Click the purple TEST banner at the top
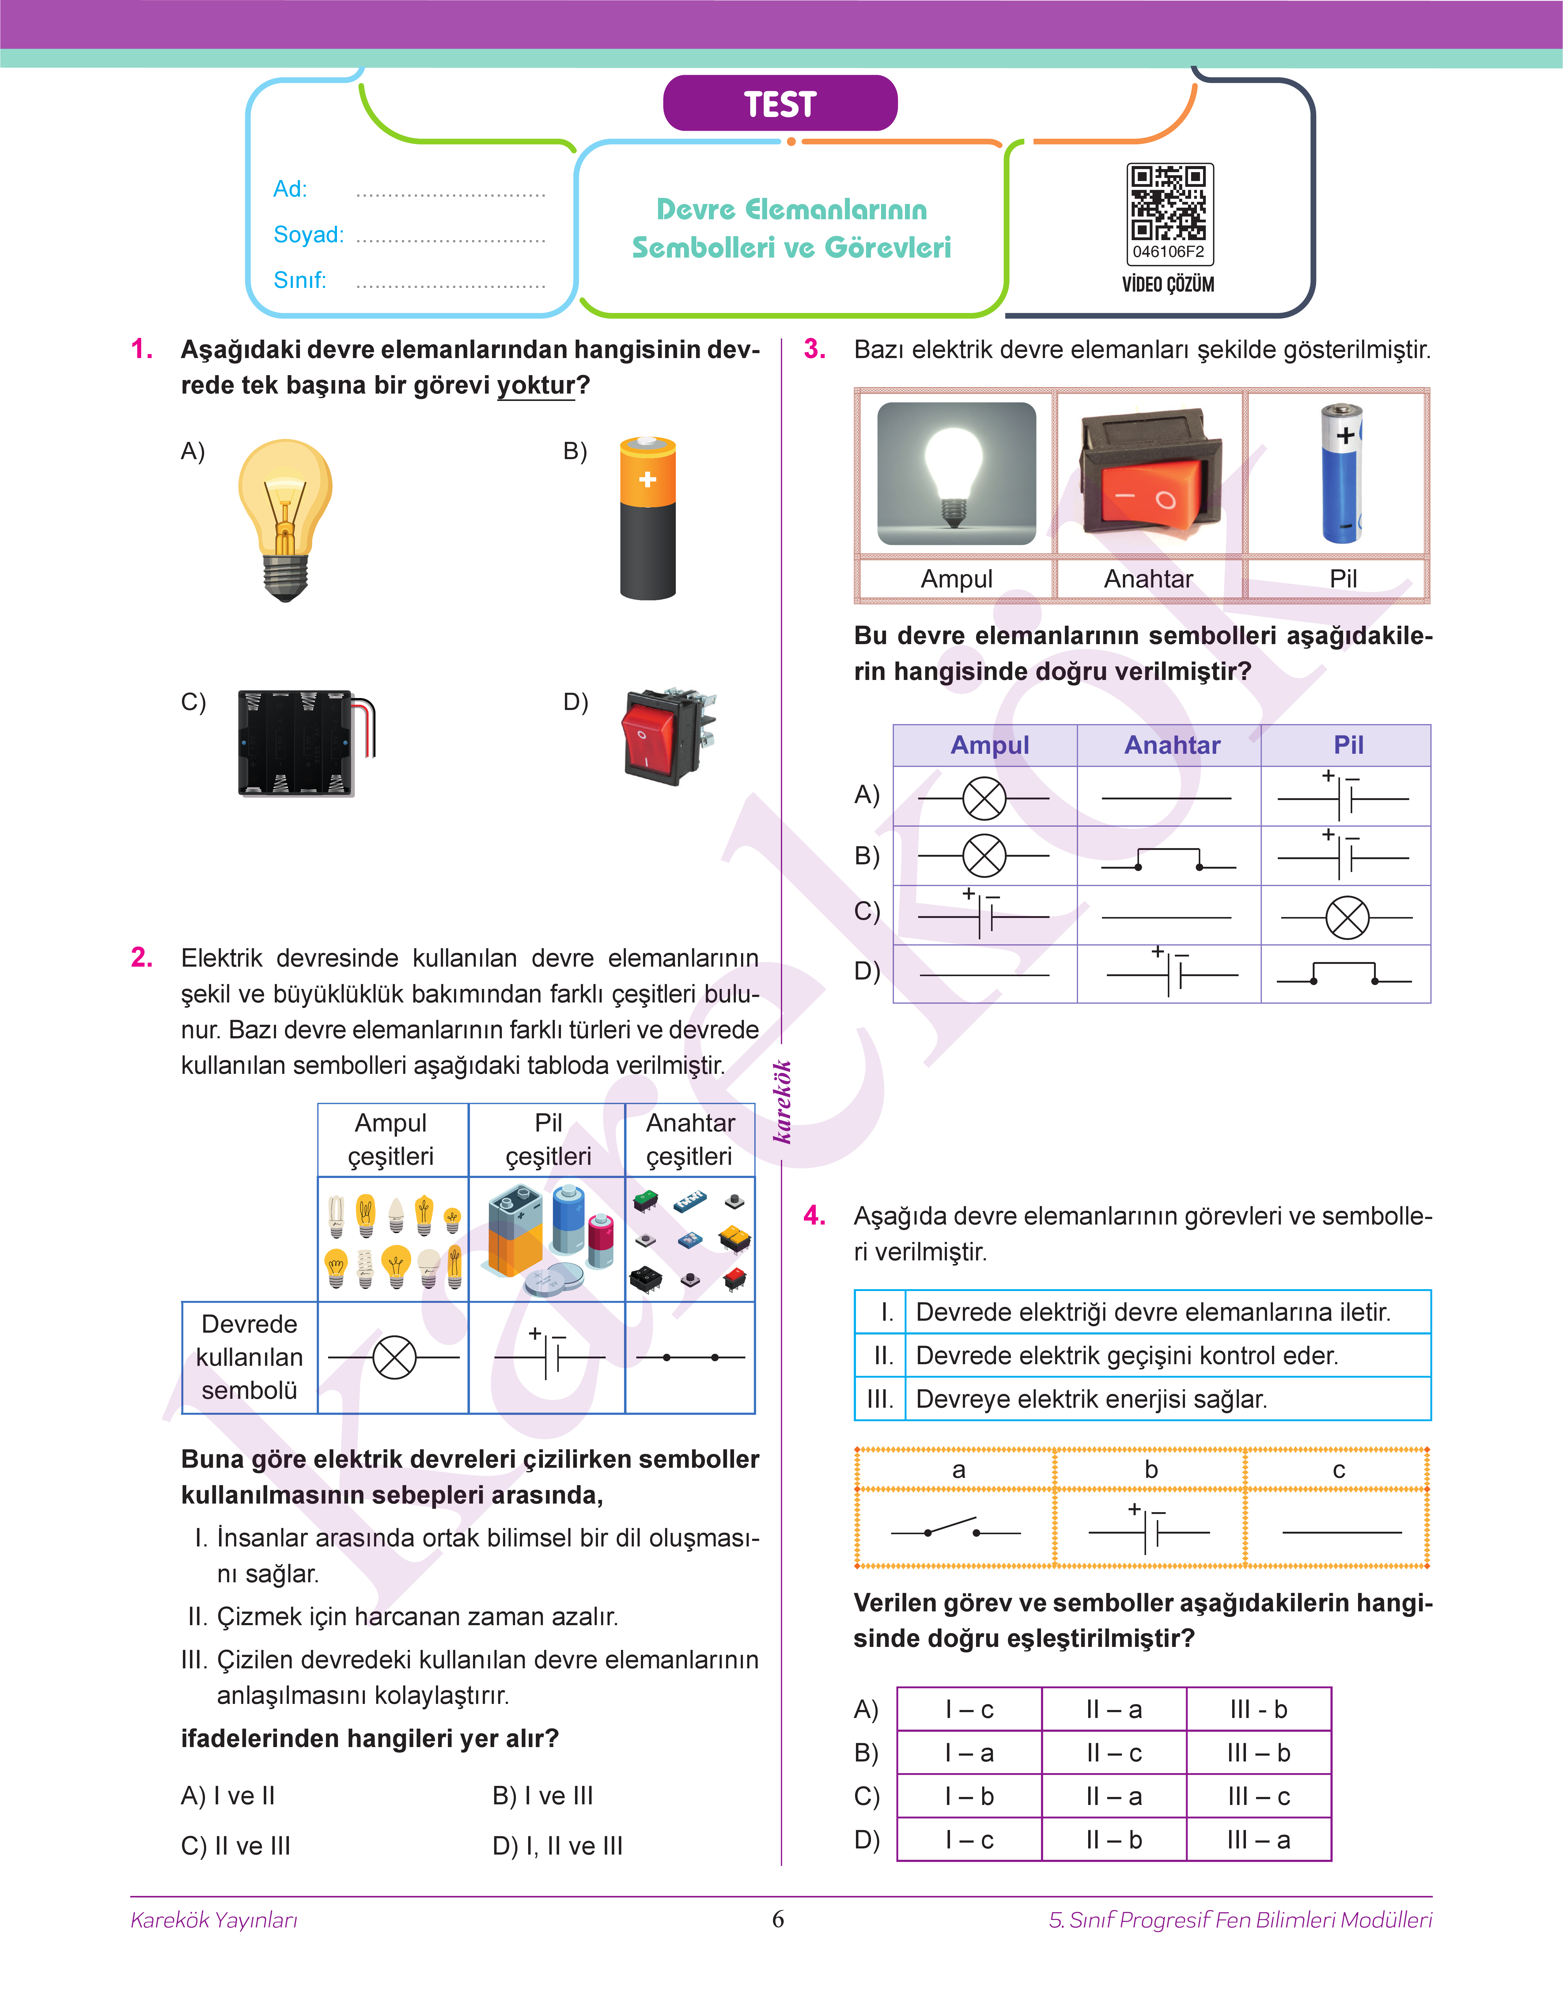coord(780,103)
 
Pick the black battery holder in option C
coord(302,743)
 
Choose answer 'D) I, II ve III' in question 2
coord(557,1846)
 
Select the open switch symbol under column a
coord(955,1530)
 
